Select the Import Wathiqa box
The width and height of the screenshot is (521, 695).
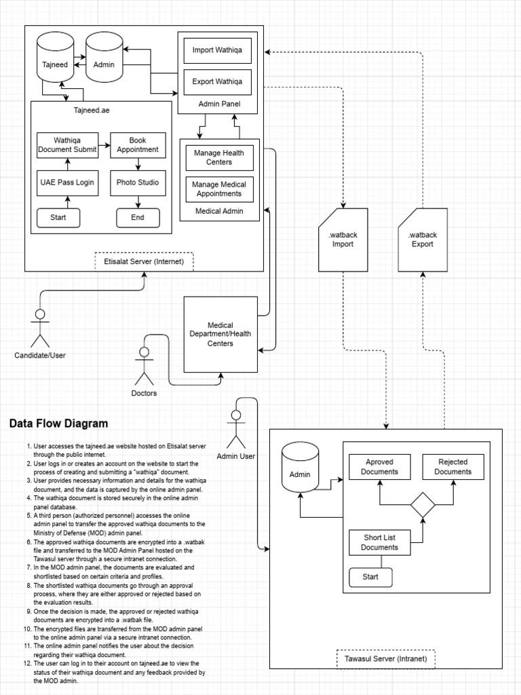tap(217, 50)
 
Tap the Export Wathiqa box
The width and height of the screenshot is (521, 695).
tap(217, 82)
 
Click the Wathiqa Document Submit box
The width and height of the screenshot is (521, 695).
tap(66, 145)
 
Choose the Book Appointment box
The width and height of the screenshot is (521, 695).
tap(138, 145)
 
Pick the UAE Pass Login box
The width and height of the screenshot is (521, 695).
tap(66, 182)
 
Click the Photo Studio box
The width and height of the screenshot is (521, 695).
tap(138, 182)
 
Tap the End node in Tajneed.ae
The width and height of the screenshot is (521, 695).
tap(138, 218)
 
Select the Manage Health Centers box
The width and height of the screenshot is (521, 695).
tap(219, 157)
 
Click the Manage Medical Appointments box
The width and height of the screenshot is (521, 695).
tap(219, 189)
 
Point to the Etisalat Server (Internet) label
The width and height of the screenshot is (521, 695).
tap(144, 261)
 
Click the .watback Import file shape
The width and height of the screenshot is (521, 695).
tap(343, 240)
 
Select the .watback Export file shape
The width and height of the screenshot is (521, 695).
tap(423, 240)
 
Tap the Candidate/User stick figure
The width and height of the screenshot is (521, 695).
tap(40, 328)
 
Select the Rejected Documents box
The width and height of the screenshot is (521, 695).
tap(453, 467)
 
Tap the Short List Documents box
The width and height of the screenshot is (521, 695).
tap(379, 542)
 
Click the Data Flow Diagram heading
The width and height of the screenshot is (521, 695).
tap(58, 424)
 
